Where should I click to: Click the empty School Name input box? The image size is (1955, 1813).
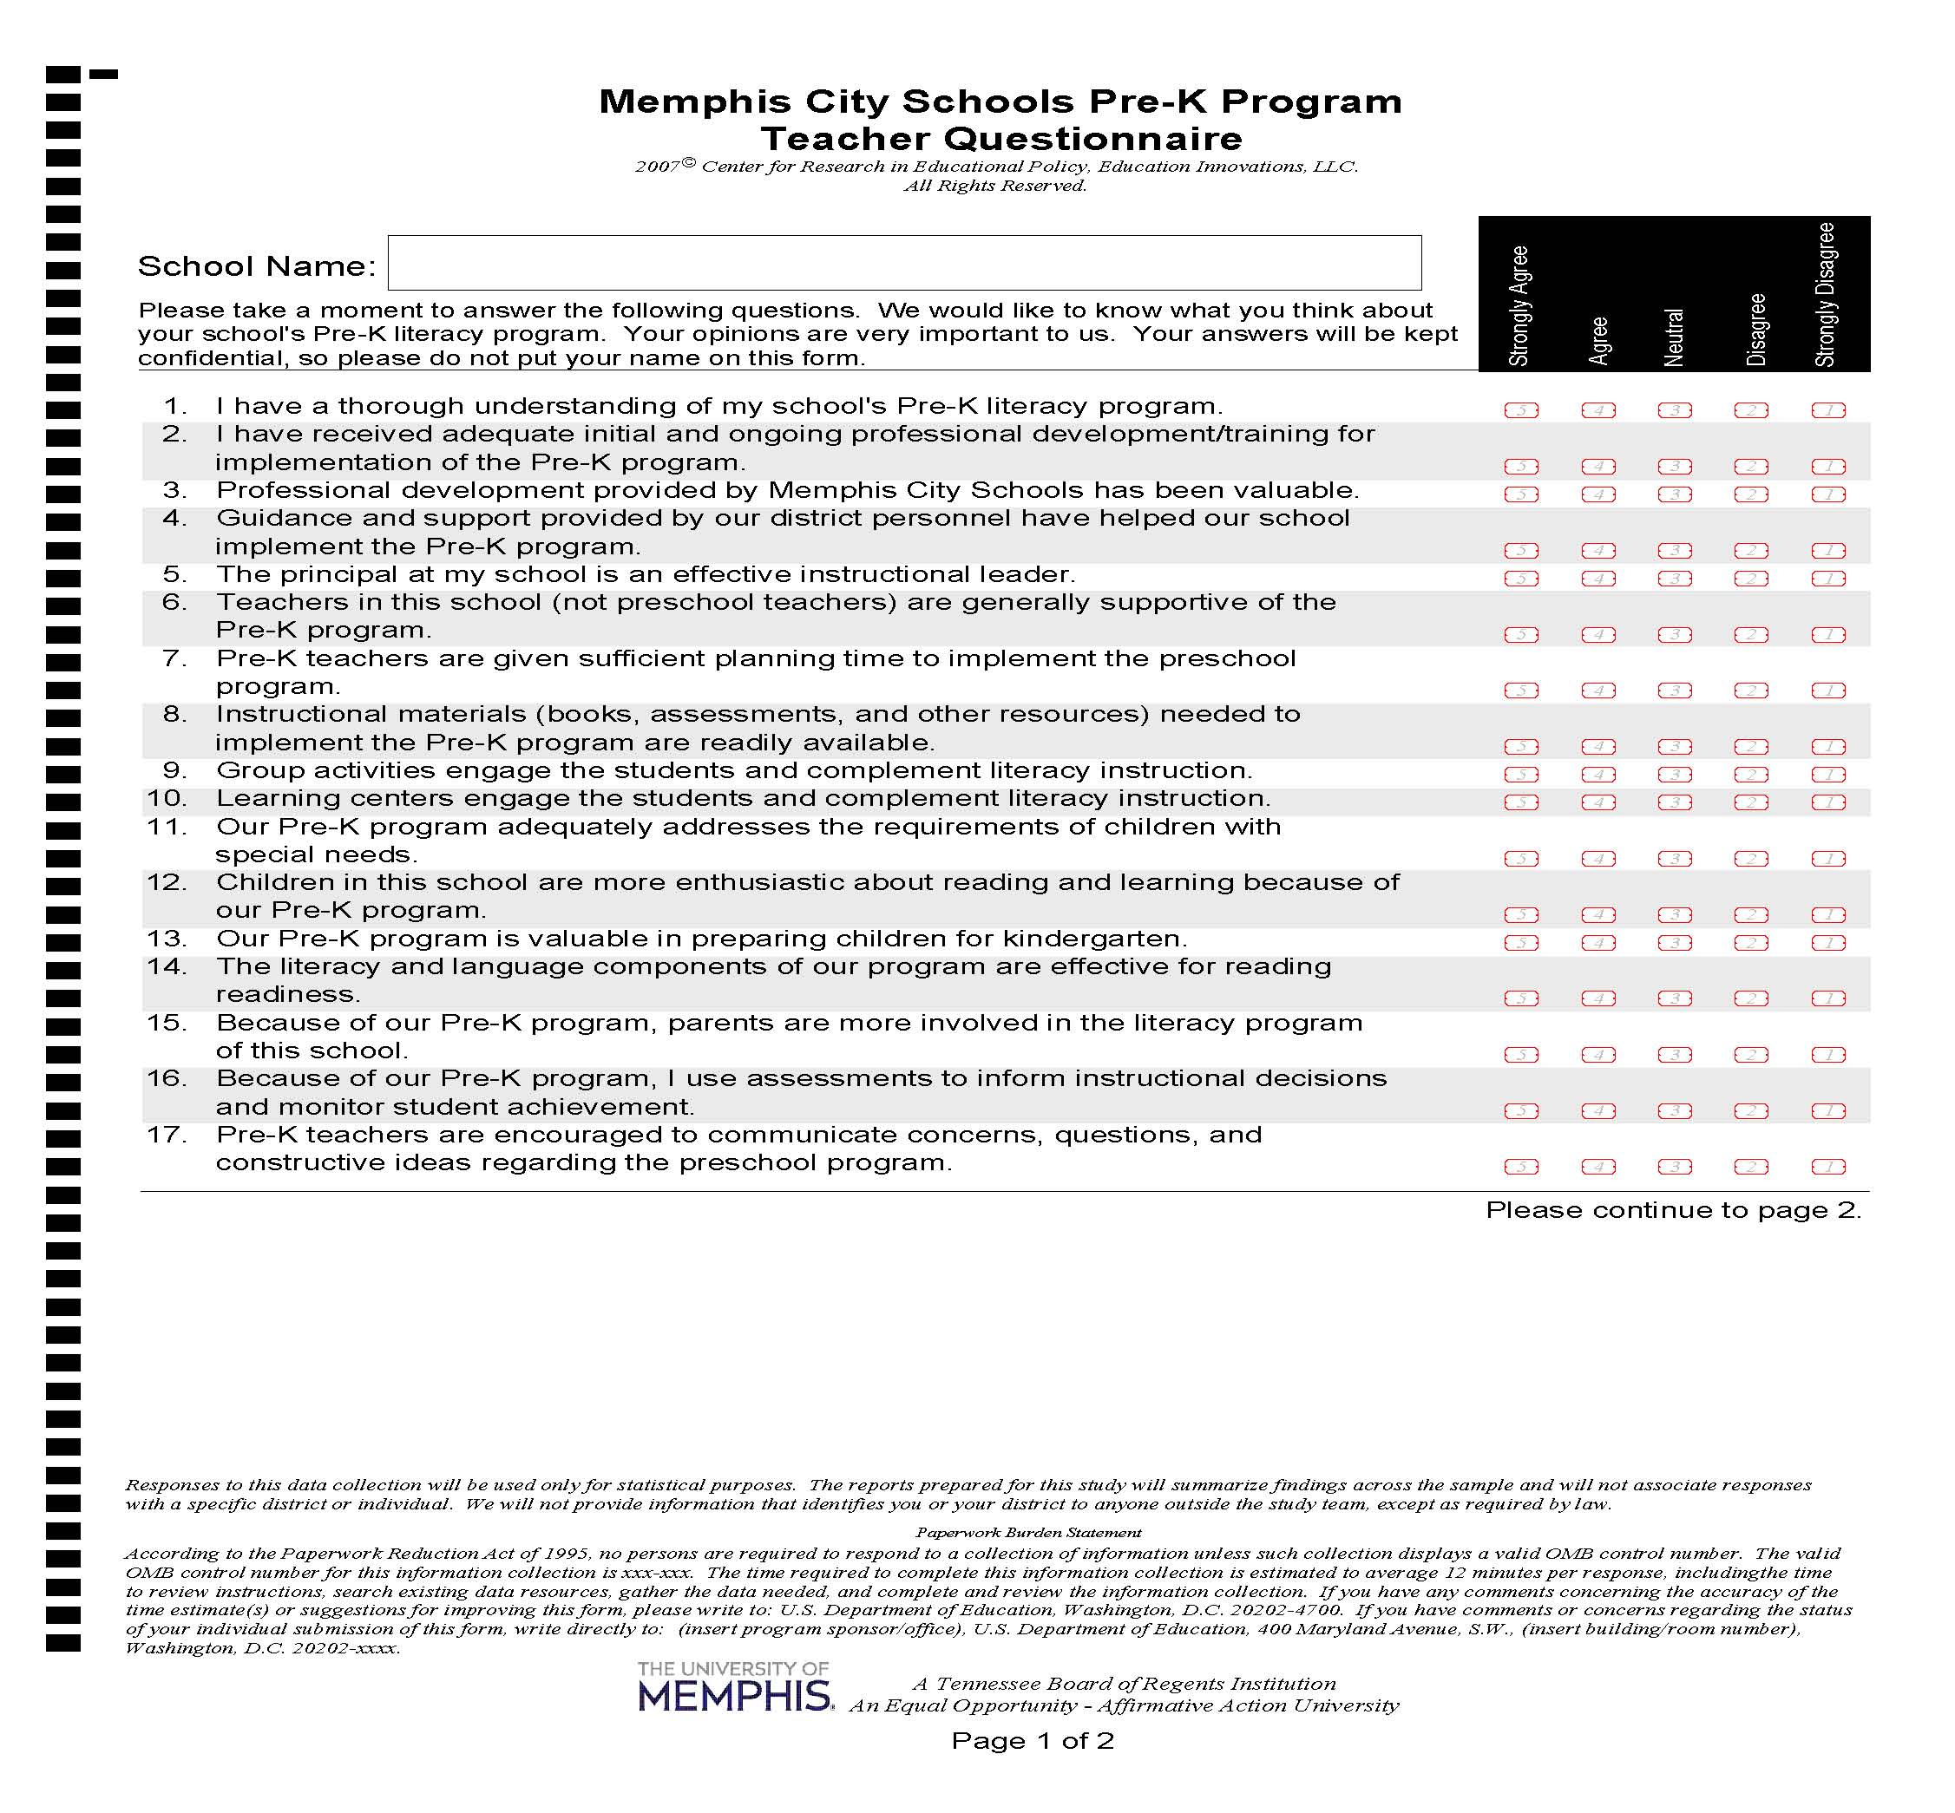(x=903, y=262)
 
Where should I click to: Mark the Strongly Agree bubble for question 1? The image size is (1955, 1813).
(x=1520, y=410)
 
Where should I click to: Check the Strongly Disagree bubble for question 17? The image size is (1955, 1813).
(x=1827, y=1167)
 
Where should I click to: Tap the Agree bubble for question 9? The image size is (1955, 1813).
(x=1597, y=774)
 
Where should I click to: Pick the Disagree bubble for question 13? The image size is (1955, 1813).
(x=1751, y=943)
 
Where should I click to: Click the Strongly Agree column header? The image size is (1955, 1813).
(x=1519, y=306)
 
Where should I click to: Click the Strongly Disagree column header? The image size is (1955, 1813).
(x=1826, y=294)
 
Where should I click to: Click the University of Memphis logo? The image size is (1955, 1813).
(x=734, y=1685)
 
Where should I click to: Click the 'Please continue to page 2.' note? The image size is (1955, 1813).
(x=1672, y=1209)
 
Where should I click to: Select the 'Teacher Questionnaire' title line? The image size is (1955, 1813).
(x=1000, y=138)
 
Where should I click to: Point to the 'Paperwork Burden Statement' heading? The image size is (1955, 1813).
(x=1027, y=1533)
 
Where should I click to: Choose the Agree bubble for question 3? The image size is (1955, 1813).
(x=1597, y=494)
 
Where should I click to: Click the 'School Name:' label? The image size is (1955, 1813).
(x=256, y=265)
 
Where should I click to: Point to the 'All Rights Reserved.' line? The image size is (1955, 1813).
(x=994, y=186)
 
